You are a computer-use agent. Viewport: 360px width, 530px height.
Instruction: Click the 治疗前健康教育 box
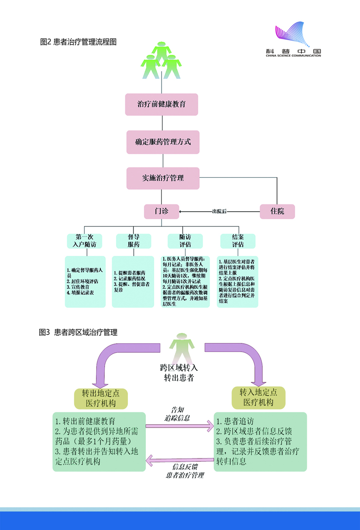coord(162,105)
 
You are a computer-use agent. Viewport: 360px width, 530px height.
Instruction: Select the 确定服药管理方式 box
coord(163,142)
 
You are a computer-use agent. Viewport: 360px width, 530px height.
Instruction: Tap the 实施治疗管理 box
coord(163,178)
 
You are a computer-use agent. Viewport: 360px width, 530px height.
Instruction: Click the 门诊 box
coord(161,211)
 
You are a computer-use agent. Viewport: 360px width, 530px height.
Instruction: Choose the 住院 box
coord(277,211)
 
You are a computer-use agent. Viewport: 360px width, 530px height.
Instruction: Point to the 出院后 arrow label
coord(219,212)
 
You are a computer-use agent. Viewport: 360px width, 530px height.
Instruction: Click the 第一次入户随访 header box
coord(83,241)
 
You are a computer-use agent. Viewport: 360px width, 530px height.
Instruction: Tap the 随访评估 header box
coord(185,241)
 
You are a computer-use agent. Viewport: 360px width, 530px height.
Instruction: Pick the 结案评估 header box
coord(238,241)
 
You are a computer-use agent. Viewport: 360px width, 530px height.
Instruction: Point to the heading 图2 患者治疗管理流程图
coord(78,42)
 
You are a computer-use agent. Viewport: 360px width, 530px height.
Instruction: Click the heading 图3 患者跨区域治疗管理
coord(78,332)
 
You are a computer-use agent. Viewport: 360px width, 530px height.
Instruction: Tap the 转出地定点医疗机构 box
coord(101,398)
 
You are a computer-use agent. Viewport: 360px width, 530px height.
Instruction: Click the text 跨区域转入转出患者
coord(179,373)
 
